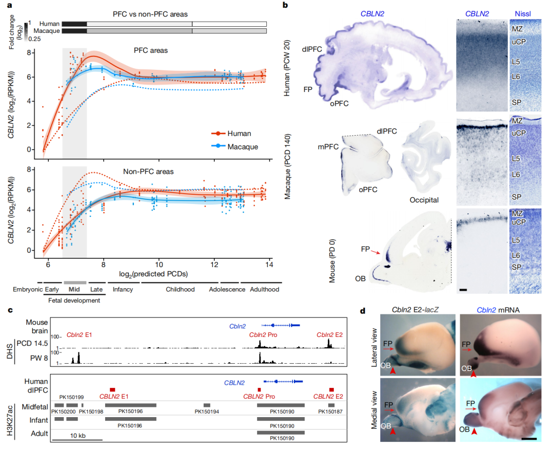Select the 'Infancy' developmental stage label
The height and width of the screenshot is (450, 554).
click(x=123, y=290)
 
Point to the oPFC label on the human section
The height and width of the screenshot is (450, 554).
click(x=340, y=103)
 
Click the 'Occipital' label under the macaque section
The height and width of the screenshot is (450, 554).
click(x=424, y=199)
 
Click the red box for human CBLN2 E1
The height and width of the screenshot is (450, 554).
click(x=112, y=390)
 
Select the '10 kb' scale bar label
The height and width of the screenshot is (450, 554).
click(x=77, y=436)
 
